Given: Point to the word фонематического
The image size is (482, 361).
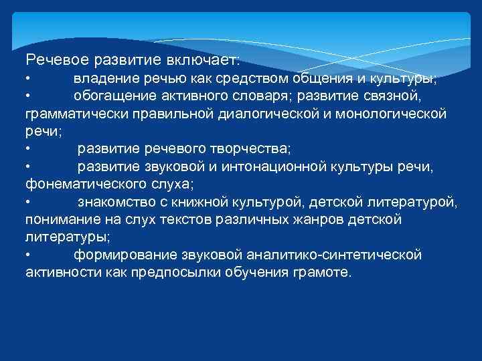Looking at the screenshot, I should click(x=82, y=183).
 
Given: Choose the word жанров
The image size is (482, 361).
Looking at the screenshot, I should click(x=315, y=219).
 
